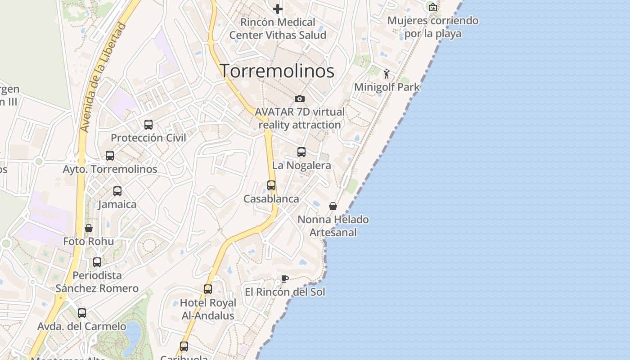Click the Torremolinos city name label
[277, 71]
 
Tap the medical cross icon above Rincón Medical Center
[278, 9]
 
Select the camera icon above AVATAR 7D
[300, 99]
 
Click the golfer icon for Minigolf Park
[387, 74]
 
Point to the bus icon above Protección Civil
[148, 125]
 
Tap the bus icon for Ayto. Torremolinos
[110, 156]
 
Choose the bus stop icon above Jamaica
[117, 191]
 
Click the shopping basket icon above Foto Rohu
[89, 228]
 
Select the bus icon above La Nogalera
[301, 152]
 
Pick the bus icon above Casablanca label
[271, 185]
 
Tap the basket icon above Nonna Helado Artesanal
[333, 206]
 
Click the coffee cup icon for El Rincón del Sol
[284, 279]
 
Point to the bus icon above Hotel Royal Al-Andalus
[208, 289]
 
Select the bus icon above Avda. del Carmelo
[82, 313]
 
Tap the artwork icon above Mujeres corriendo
[432, 7]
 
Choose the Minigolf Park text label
[387, 87]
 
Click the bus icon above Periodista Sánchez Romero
[97, 262]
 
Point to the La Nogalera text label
[301, 166]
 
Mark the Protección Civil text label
[148, 138]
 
